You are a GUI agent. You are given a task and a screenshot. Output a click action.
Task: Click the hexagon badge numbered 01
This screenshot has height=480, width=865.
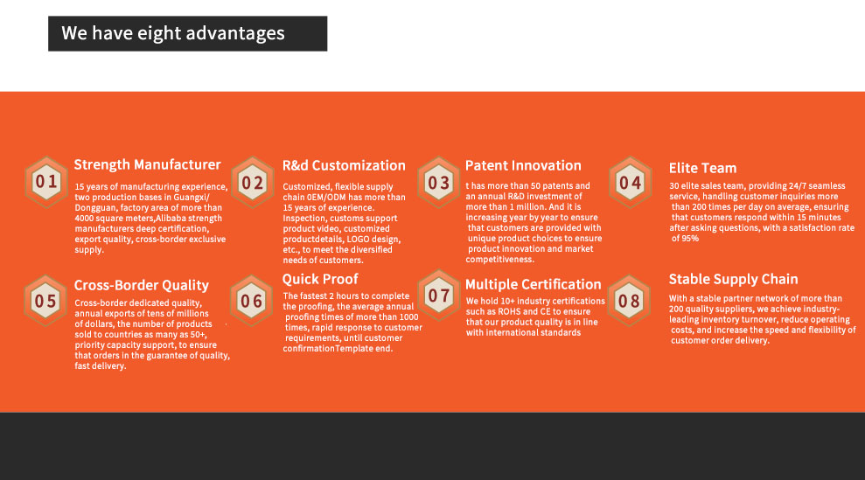coord(46,182)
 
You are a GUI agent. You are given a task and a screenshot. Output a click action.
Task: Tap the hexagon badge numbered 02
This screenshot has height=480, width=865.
coord(253,182)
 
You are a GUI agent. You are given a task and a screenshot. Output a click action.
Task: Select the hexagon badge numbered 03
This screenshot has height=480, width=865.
coord(438,182)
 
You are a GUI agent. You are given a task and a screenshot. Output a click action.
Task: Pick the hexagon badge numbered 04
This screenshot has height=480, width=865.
coord(630,182)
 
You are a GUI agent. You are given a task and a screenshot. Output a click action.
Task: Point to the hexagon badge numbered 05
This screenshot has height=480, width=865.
coord(45,301)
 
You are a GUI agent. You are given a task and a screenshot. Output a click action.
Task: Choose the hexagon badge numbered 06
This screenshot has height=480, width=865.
coord(252,301)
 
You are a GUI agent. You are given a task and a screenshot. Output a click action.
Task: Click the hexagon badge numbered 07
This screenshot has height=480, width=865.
coord(438,296)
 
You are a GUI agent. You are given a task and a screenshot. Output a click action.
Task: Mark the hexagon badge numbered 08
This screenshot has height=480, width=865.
coord(629,301)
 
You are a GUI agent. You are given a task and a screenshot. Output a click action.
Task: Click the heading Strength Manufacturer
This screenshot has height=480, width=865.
coord(147,164)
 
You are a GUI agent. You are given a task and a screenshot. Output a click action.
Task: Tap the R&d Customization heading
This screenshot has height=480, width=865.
coord(344,165)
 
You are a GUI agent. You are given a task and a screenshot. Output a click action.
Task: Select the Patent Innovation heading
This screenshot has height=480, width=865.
coord(523,165)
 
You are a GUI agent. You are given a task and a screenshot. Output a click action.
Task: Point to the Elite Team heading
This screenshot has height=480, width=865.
coord(702,168)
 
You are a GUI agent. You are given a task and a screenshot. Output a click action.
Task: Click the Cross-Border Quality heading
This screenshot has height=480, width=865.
coord(141,285)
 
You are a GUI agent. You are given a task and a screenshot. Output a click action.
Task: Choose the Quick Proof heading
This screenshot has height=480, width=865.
coord(320,279)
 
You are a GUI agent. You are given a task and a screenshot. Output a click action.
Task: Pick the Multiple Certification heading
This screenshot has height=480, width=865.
coord(533,284)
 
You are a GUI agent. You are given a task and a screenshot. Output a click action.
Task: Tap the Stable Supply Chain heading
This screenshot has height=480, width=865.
coord(733,279)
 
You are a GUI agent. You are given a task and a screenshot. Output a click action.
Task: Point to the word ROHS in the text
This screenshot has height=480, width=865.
coord(510,312)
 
